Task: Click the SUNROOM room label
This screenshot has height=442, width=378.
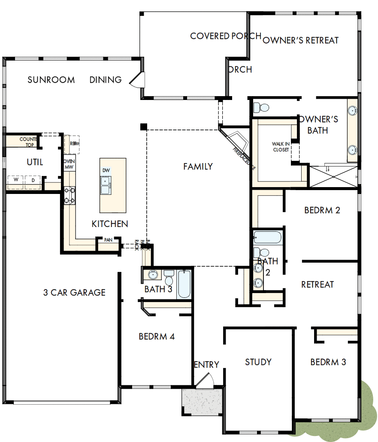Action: (51, 80)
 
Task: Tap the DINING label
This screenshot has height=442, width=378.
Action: (106, 80)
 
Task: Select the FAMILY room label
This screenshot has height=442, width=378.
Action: (198, 167)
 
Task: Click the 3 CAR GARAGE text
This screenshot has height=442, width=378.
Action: (74, 293)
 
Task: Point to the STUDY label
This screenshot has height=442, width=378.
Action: (258, 362)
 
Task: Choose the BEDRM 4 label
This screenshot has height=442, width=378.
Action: (157, 336)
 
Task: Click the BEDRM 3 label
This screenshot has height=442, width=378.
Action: (328, 362)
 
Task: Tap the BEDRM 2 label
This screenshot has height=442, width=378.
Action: (322, 210)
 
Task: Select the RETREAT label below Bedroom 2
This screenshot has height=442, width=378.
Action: (318, 285)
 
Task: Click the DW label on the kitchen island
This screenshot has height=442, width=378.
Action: (106, 171)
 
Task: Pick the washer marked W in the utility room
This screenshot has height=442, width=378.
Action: (16, 181)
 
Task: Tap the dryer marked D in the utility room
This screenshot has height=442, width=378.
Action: (33, 181)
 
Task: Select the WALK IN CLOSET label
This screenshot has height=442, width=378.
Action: (281, 147)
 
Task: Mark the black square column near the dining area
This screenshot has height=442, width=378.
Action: (143, 126)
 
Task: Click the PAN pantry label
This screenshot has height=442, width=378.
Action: (108, 240)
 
